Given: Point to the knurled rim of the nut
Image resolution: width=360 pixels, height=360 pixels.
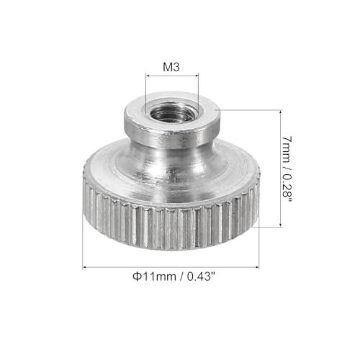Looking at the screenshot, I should click(x=170, y=216).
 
